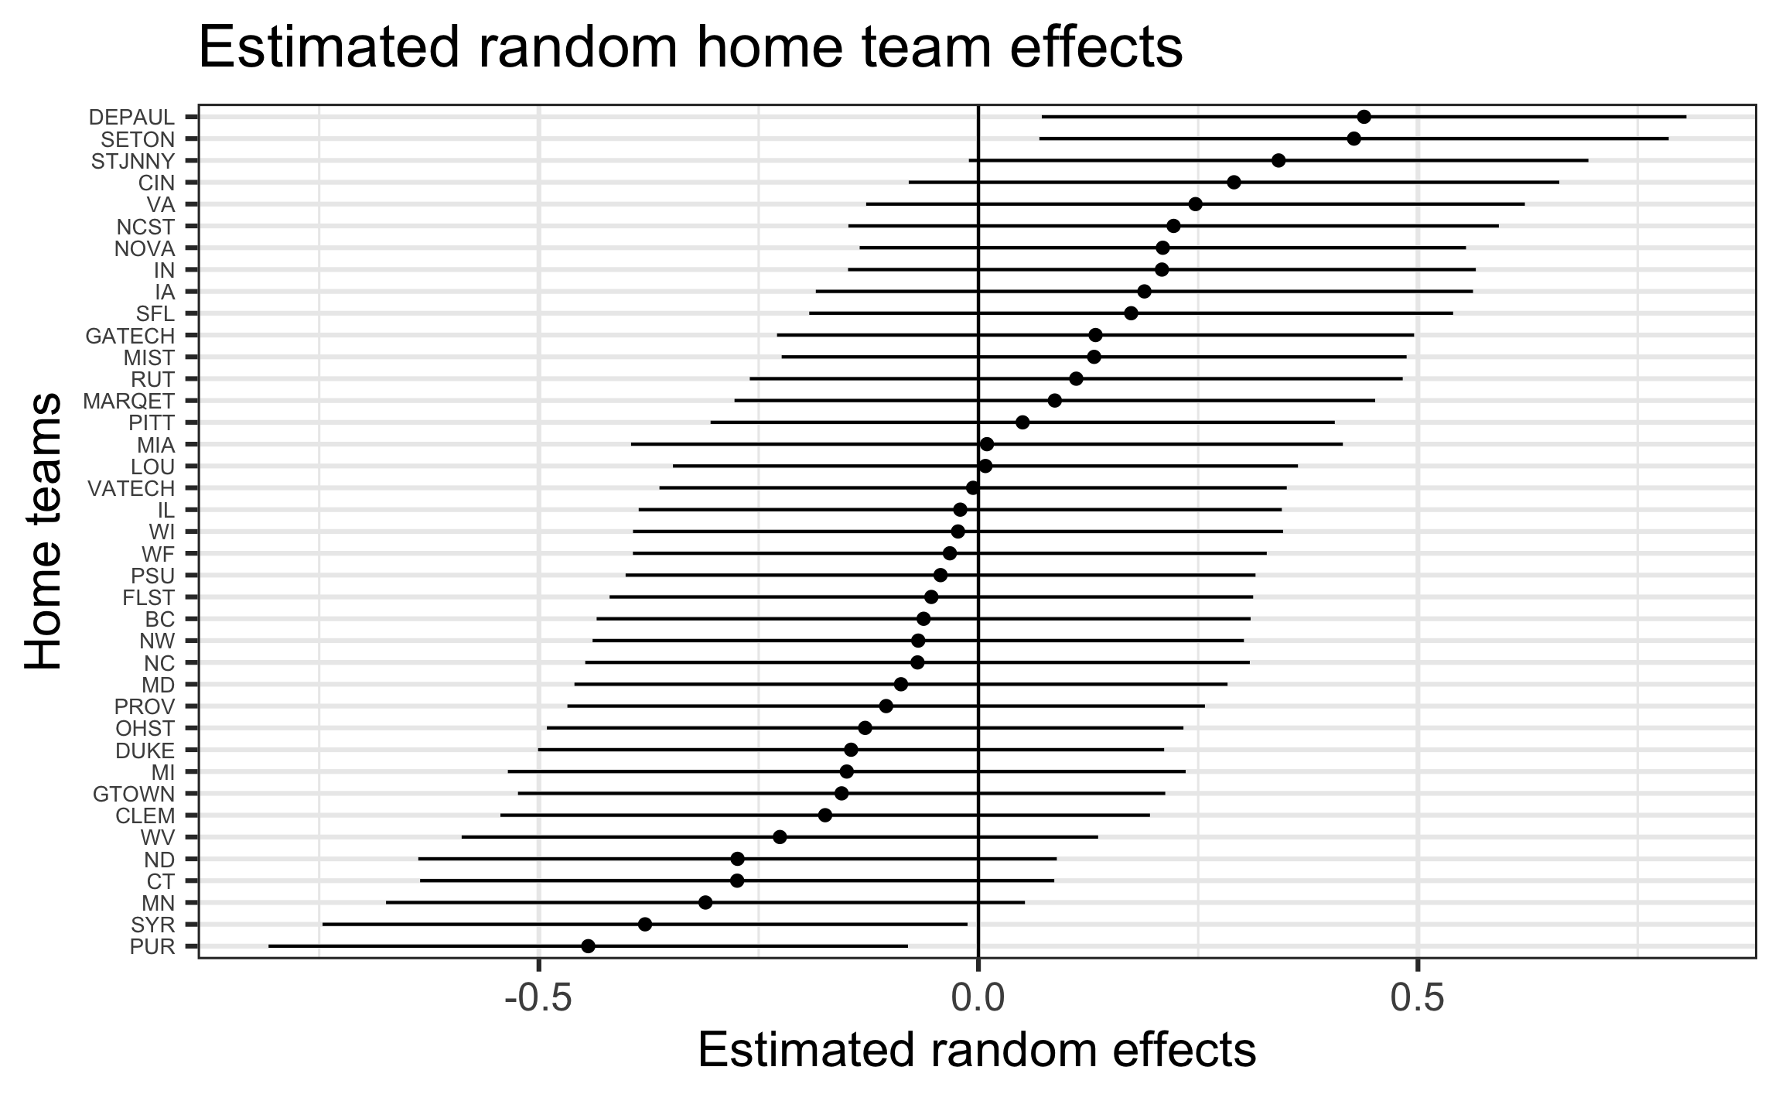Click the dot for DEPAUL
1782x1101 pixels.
pos(1364,117)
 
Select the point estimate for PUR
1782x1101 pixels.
pos(588,945)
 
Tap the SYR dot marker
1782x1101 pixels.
pos(645,924)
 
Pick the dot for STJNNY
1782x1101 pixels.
pos(1278,160)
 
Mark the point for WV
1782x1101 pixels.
pos(780,836)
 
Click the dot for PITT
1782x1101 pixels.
pos(1022,422)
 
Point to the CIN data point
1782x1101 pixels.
pos(1234,182)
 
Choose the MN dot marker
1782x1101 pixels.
pos(705,902)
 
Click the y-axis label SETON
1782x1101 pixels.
pos(138,139)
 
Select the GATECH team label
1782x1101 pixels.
pos(130,336)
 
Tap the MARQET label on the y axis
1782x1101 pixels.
pos(128,401)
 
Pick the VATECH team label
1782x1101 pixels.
pos(131,488)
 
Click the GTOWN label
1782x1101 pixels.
pos(134,794)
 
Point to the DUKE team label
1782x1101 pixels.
pos(145,750)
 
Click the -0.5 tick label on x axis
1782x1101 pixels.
pos(538,999)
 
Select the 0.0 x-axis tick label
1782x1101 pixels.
pos(978,999)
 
